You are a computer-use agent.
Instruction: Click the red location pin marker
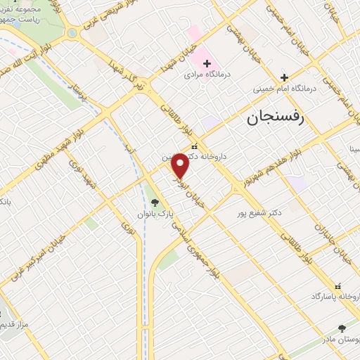pyautogui.click(x=181, y=166)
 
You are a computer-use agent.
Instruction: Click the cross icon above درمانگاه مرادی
pyautogui.click(x=207, y=63)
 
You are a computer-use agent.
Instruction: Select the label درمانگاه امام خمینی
pyautogui.click(x=284, y=89)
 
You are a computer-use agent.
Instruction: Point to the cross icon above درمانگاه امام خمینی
pyautogui.click(x=284, y=77)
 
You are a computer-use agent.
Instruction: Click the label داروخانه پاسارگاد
pyautogui.click(x=335, y=297)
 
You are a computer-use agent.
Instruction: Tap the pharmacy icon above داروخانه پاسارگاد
pyautogui.click(x=339, y=286)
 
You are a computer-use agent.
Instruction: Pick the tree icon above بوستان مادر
pyautogui.click(x=342, y=328)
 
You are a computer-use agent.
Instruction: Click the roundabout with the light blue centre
pyautogui.click(x=71, y=33)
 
